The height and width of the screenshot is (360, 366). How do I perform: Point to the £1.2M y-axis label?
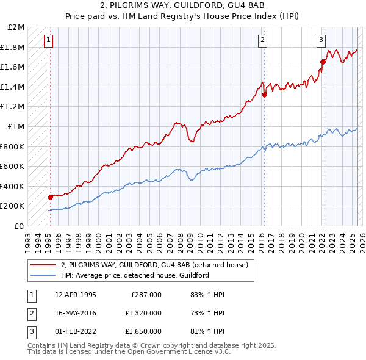click(x=13, y=107)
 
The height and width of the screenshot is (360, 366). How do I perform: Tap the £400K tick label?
click(x=12, y=186)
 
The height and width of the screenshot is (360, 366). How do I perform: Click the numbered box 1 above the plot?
click(x=48, y=41)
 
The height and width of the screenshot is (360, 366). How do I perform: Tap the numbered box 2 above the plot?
click(x=262, y=41)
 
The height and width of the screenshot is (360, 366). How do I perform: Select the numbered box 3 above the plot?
click(x=320, y=41)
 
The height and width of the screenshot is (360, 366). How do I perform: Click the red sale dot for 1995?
click(x=51, y=197)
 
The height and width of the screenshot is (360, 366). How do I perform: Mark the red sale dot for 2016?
click(x=264, y=95)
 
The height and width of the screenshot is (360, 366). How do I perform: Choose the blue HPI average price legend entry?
click(x=135, y=275)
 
